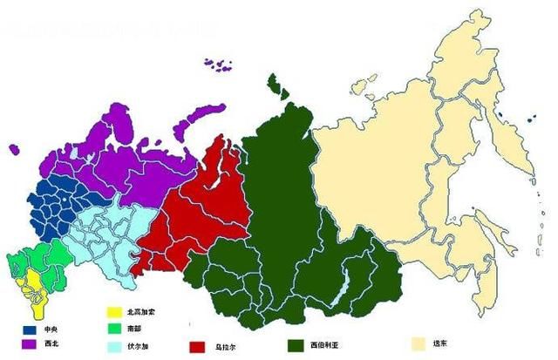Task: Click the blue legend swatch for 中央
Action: click(31, 330)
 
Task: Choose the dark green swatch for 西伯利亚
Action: click(296, 345)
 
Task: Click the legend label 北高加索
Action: click(140, 311)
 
